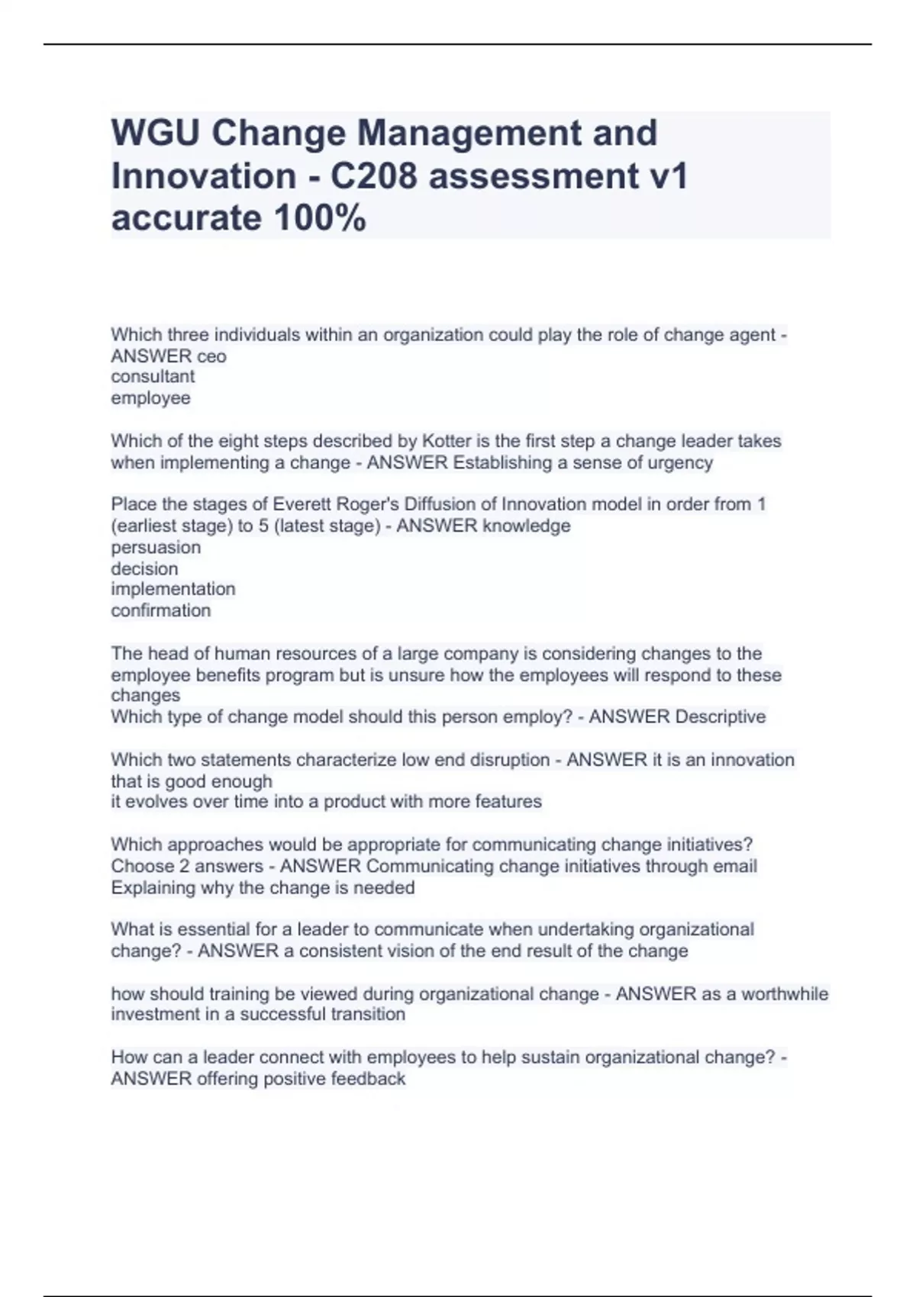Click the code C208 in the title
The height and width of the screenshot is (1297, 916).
[x=374, y=176]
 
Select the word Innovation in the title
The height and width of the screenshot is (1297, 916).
[x=204, y=176]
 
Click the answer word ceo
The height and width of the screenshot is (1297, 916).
[x=211, y=356]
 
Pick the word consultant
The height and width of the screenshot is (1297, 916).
[x=153, y=377]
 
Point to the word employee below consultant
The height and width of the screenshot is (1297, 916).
[x=150, y=398]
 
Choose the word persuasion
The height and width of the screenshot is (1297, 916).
[x=156, y=548]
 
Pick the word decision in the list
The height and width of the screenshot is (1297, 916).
[x=144, y=569]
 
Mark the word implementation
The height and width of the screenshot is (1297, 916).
[x=173, y=590]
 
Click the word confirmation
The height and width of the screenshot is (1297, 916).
[x=160, y=611]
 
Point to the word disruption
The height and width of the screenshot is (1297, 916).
[x=504, y=760]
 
